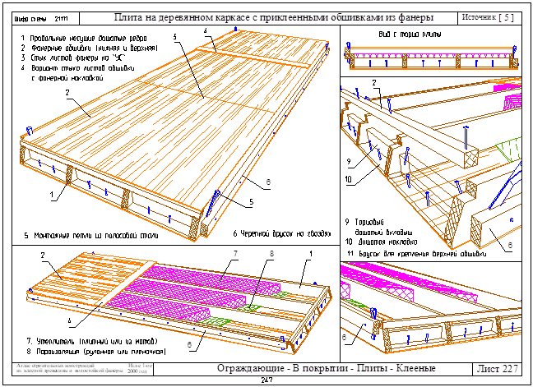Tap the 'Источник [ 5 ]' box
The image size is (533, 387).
[489, 16]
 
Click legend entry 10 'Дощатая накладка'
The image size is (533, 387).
[382, 242]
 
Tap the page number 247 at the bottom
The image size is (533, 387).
[266, 381]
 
